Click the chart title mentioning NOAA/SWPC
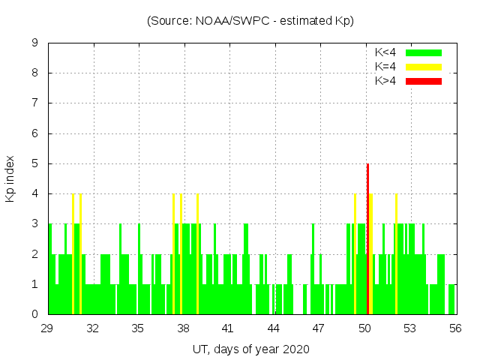(x=250, y=21)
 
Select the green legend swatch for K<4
(x=424, y=52)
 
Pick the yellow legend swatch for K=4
(x=424, y=67)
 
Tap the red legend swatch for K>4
(x=424, y=81)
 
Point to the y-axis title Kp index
(x=10, y=178)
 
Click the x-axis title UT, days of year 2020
(x=250, y=349)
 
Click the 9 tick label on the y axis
(x=34, y=43)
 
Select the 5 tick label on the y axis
(x=34, y=163)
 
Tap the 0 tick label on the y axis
(x=34, y=314)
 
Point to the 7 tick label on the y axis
(x=34, y=103)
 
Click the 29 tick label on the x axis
(x=48, y=328)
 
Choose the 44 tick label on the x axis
(x=274, y=328)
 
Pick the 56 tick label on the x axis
(x=454, y=328)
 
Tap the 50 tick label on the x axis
(x=364, y=328)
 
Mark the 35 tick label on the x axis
(x=138, y=328)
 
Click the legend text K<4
(x=385, y=52)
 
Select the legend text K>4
(x=385, y=81)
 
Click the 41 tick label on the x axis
(x=229, y=328)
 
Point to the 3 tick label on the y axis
(x=34, y=223)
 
